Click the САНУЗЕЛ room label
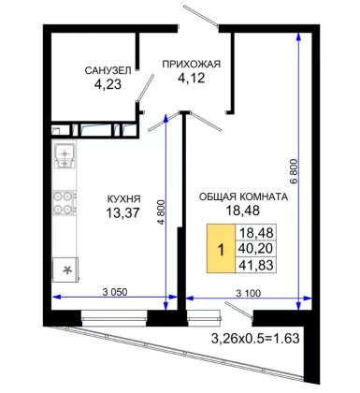point(108,70)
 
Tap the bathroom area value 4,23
point(108,84)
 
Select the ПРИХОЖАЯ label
point(192,64)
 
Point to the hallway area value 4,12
point(192,78)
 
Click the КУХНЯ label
point(123,198)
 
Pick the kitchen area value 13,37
point(122,213)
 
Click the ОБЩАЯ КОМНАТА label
point(243,196)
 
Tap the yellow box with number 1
point(221,249)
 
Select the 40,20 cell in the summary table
point(255,248)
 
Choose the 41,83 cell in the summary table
point(255,265)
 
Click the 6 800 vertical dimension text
point(295,171)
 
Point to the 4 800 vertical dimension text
point(161,212)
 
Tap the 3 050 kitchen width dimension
point(115,292)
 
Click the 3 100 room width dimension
point(249,293)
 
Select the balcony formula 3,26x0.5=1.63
point(255,338)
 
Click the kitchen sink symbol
point(65,156)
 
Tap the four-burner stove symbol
point(65,202)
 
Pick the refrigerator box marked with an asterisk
point(65,269)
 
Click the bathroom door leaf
point(145,88)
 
